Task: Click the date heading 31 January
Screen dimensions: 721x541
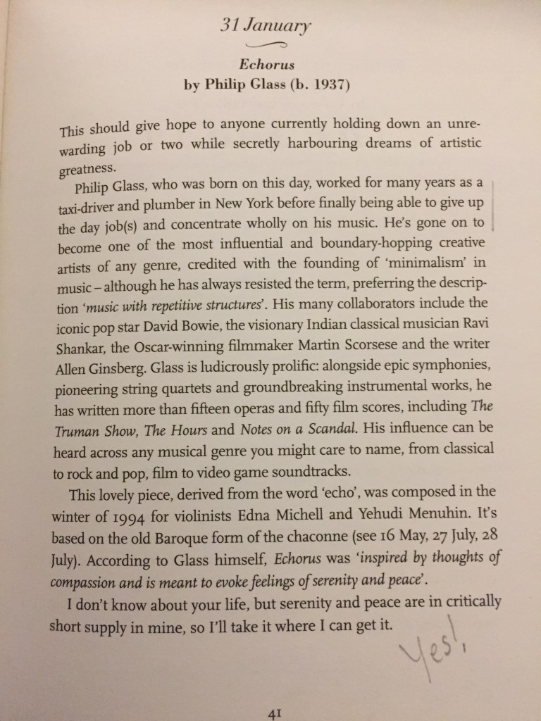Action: point(265,27)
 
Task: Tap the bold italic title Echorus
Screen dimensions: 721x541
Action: point(266,65)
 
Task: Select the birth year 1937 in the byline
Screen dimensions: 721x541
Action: point(324,85)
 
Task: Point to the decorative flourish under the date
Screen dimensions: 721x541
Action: point(266,46)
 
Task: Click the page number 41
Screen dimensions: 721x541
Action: point(275,712)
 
